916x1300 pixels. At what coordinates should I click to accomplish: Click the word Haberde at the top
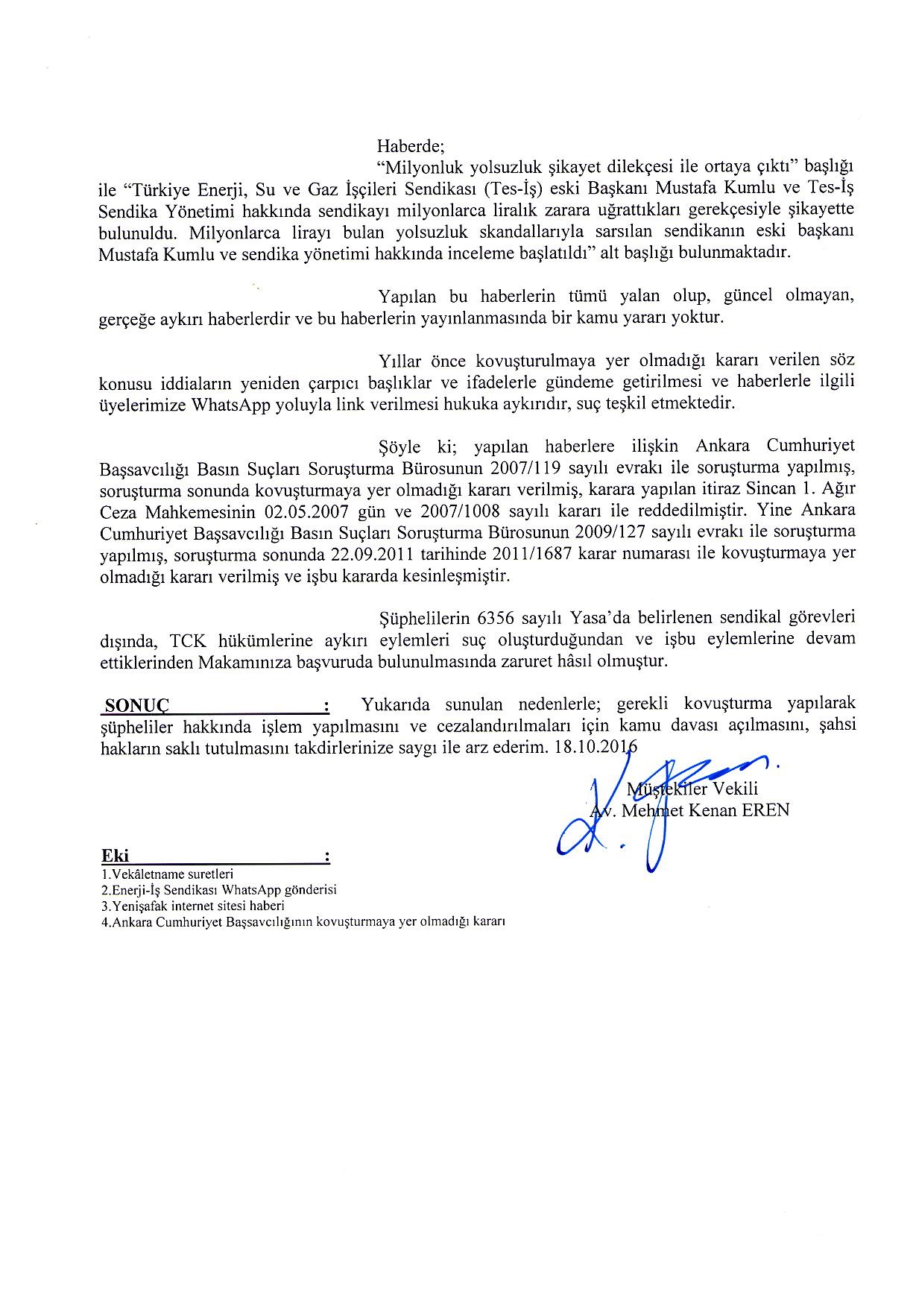pos(410,145)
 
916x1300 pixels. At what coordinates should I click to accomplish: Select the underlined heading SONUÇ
pos(137,706)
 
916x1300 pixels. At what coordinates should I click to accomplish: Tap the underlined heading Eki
pos(116,856)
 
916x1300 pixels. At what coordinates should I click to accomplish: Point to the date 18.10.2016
pos(596,746)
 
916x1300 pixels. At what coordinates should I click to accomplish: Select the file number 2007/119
pos(525,468)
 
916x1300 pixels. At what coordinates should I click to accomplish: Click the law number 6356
pos(495,618)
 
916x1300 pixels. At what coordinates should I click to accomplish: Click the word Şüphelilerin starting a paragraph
pos(424,618)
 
